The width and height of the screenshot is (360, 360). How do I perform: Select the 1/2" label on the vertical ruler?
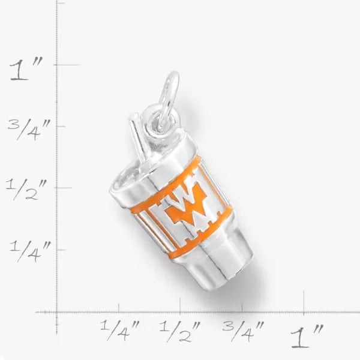tap(26, 190)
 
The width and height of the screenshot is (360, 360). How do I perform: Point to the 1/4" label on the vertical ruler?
tap(30, 251)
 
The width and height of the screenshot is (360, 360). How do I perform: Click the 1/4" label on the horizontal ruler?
tap(120, 330)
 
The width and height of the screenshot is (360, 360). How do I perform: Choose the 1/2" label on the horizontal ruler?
tap(180, 332)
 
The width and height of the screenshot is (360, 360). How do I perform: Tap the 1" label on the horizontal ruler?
tap(307, 336)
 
